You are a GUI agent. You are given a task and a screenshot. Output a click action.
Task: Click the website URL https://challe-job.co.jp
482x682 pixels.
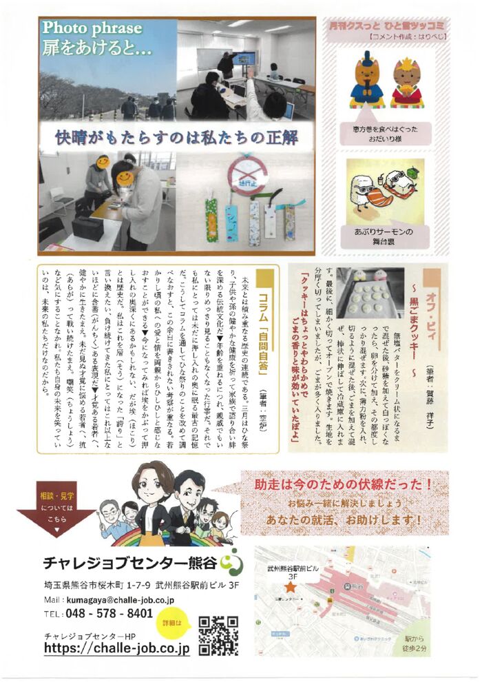pyautogui.click(x=116, y=648)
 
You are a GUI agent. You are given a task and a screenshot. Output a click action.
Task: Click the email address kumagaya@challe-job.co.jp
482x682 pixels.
pyautogui.click(x=120, y=600)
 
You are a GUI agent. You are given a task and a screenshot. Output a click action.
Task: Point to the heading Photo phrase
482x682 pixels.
pyautogui.click(x=92, y=28)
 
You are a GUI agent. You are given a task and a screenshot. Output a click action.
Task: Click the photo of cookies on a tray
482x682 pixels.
pyautogui.click(x=370, y=292)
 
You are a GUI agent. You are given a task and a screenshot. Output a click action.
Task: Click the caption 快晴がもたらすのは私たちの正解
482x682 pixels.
pyautogui.click(x=178, y=138)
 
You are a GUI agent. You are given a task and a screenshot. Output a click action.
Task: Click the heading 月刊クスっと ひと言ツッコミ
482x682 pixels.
pyautogui.click(x=383, y=27)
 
